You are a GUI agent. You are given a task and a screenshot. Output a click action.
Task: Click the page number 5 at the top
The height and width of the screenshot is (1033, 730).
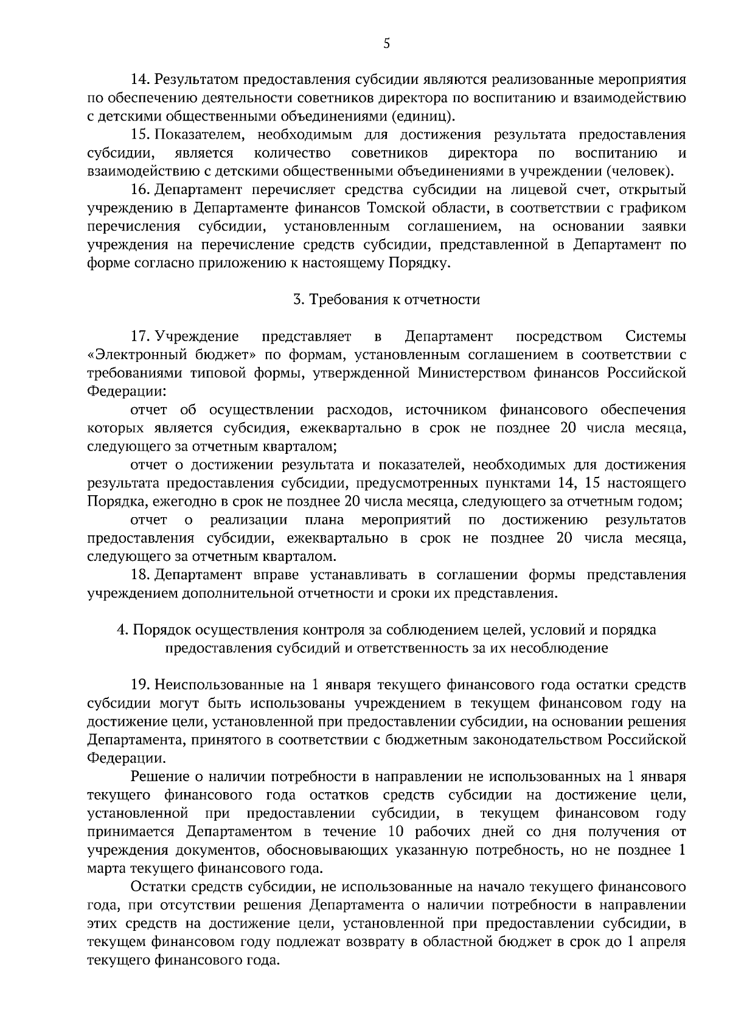(x=386, y=43)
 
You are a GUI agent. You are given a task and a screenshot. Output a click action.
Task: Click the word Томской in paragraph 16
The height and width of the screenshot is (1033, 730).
(x=401, y=208)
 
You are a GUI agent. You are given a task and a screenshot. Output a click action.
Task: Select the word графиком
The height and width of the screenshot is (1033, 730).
(x=657, y=208)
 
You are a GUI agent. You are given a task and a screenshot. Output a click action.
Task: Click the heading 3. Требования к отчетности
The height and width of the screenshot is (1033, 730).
(x=386, y=299)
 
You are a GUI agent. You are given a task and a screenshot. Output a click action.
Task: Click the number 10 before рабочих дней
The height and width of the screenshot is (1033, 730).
(x=394, y=832)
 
